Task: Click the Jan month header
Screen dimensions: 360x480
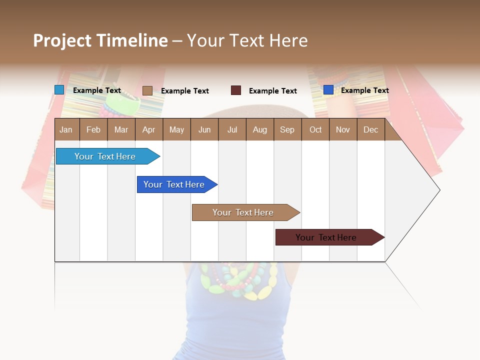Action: tap(66, 129)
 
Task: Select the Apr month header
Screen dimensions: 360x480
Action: tap(149, 129)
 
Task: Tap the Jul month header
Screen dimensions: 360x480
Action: tap(232, 129)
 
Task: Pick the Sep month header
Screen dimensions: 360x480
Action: tap(287, 129)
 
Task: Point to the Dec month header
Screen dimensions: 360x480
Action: tap(370, 129)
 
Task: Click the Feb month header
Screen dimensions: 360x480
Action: tap(93, 129)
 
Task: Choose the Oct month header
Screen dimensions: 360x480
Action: tap(315, 129)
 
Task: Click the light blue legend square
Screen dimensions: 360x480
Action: tap(59, 90)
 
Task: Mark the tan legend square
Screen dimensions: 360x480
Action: tap(147, 90)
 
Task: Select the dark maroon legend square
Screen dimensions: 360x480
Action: tap(236, 90)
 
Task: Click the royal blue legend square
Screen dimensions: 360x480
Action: tap(328, 90)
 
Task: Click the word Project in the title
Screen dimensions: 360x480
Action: tap(62, 40)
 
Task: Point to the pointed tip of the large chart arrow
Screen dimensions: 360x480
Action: tap(439, 190)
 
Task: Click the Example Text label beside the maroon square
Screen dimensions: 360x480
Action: tap(272, 91)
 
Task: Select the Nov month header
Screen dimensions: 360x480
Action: tap(342, 129)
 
